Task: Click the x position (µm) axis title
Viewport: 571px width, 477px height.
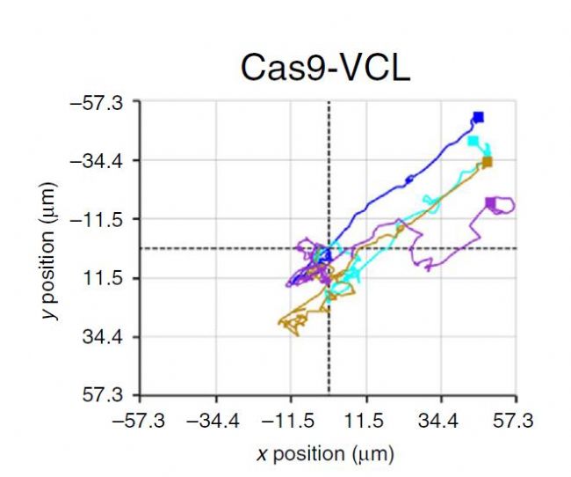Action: click(325, 454)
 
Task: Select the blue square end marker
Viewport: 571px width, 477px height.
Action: click(478, 117)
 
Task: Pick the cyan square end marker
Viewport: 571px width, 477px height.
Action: click(473, 141)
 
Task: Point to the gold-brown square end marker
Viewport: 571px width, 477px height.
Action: click(487, 162)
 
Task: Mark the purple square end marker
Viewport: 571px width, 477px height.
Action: click(490, 203)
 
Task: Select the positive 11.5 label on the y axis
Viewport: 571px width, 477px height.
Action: click(112, 278)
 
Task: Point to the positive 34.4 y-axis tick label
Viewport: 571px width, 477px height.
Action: click(112, 336)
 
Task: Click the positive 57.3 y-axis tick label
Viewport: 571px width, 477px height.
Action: click(112, 394)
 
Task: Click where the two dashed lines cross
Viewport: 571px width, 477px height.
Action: click(329, 248)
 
